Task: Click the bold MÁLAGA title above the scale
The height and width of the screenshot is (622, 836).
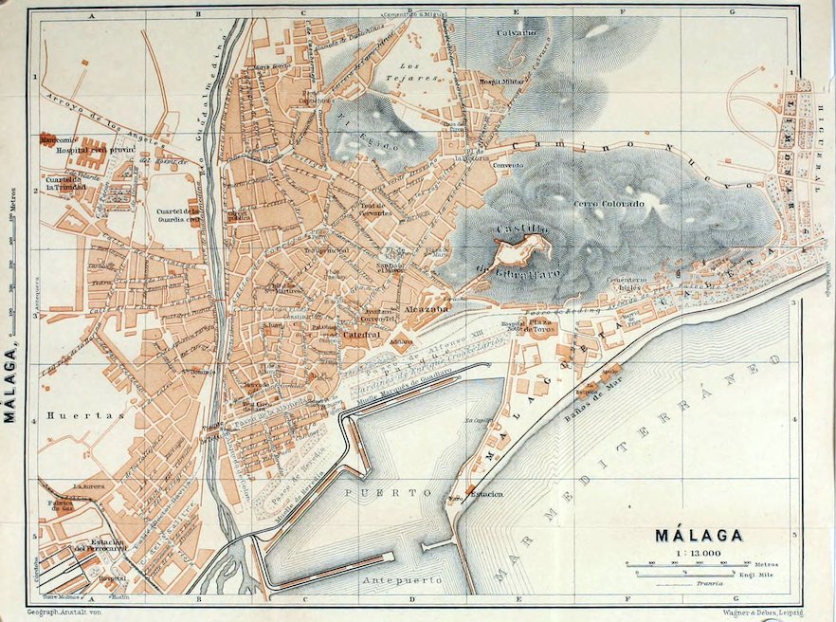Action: click(x=699, y=536)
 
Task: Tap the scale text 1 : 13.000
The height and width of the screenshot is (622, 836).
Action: click(x=699, y=553)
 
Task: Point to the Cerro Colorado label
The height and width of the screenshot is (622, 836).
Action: click(x=609, y=204)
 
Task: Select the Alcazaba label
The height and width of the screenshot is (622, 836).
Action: click(x=419, y=309)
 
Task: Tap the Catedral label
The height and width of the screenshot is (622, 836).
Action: click(x=361, y=335)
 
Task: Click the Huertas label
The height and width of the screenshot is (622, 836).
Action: click(x=71, y=415)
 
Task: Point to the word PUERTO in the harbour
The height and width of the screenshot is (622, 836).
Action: click(x=374, y=494)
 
